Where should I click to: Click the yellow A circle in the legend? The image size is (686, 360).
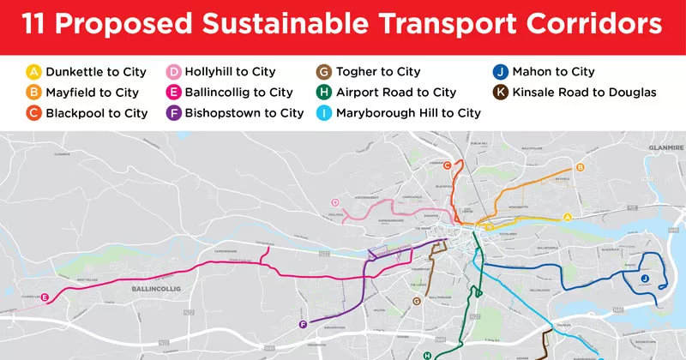(33, 72)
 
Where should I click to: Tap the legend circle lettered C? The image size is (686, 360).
(33, 113)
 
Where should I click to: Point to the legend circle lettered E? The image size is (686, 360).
(174, 93)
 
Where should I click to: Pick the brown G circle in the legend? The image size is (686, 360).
(324, 72)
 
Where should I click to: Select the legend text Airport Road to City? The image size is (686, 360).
(396, 93)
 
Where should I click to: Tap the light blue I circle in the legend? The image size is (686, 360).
(324, 113)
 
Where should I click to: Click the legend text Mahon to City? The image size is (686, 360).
(553, 72)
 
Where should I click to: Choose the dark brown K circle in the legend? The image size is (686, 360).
(500, 93)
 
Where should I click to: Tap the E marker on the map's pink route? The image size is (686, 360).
(45, 297)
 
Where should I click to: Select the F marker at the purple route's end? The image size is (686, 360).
(303, 324)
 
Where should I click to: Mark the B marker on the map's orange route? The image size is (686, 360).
(581, 167)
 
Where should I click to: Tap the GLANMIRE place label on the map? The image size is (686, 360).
(661, 147)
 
